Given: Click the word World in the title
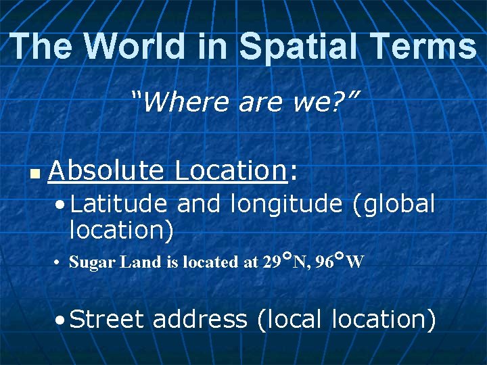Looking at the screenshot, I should click(x=134, y=47).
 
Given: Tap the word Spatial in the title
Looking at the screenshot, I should click(x=294, y=47).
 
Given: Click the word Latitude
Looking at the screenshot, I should click(x=119, y=203).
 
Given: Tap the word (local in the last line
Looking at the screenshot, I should click(x=291, y=319).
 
